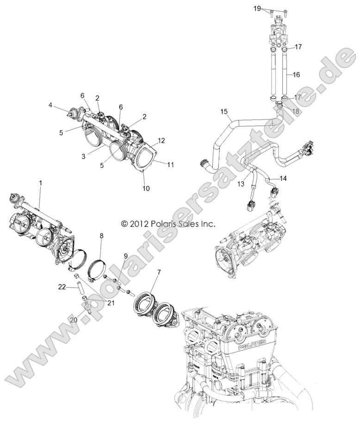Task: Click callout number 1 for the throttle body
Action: tap(40, 183)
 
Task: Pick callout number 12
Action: tap(161, 140)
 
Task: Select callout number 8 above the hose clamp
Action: tap(101, 236)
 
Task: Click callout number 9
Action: tap(125, 256)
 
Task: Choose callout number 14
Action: tap(283, 178)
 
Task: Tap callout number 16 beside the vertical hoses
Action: tap(296, 74)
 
